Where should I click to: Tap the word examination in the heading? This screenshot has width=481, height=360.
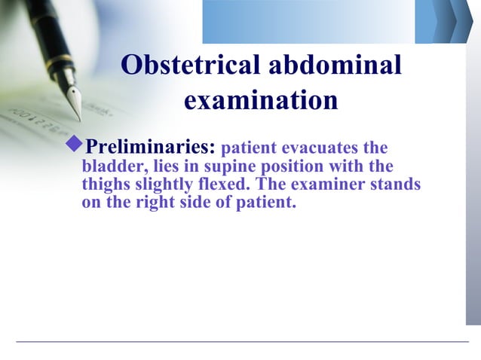pyautogui.click(x=261, y=100)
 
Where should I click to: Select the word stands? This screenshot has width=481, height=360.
pyautogui.click(x=397, y=185)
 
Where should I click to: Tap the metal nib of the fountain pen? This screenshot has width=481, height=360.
pyautogui.click(x=74, y=100)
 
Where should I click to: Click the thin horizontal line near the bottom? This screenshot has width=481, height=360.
pyautogui.click(x=241, y=342)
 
